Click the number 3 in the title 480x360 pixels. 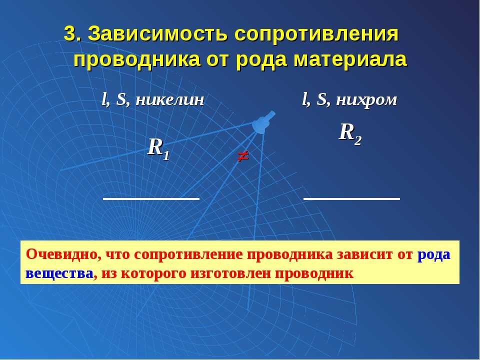(70, 33)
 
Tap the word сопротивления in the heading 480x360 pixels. (317, 33)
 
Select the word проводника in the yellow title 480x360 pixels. (137, 59)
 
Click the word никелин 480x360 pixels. (170, 100)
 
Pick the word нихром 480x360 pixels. (366, 100)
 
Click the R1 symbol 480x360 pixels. (158, 149)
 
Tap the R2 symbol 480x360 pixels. (350, 134)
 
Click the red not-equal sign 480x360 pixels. (243, 156)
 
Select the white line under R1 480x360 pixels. (151, 199)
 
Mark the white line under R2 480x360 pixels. (351, 199)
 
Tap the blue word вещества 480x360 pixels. (59, 273)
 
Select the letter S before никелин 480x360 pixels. (121, 100)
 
